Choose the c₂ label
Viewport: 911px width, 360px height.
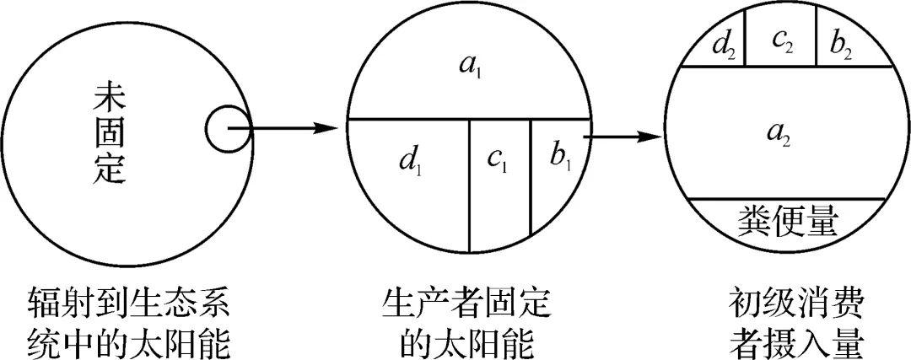click(x=781, y=42)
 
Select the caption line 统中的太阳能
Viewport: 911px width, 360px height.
click(x=128, y=341)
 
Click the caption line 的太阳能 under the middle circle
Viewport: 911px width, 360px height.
click(x=466, y=341)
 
